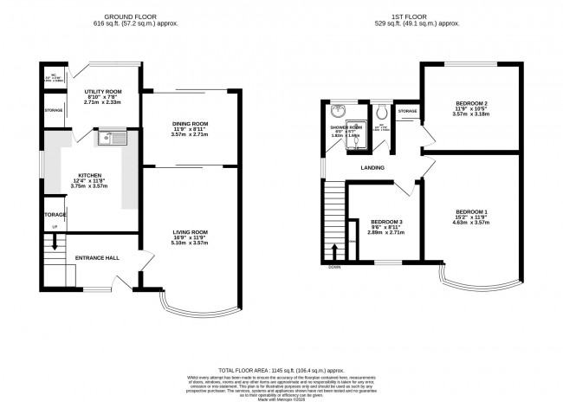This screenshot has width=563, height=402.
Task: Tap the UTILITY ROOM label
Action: pyautogui.click(x=103, y=91)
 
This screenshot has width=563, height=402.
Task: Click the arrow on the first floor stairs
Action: pyautogui.click(x=334, y=253)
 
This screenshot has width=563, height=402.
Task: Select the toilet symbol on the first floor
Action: pyautogui.click(x=381, y=112)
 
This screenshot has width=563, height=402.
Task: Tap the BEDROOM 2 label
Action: pyautogui.click(x=472, y=102)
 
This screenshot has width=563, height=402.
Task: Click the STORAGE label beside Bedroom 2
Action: pyautogui.click(x=407, y=111)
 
